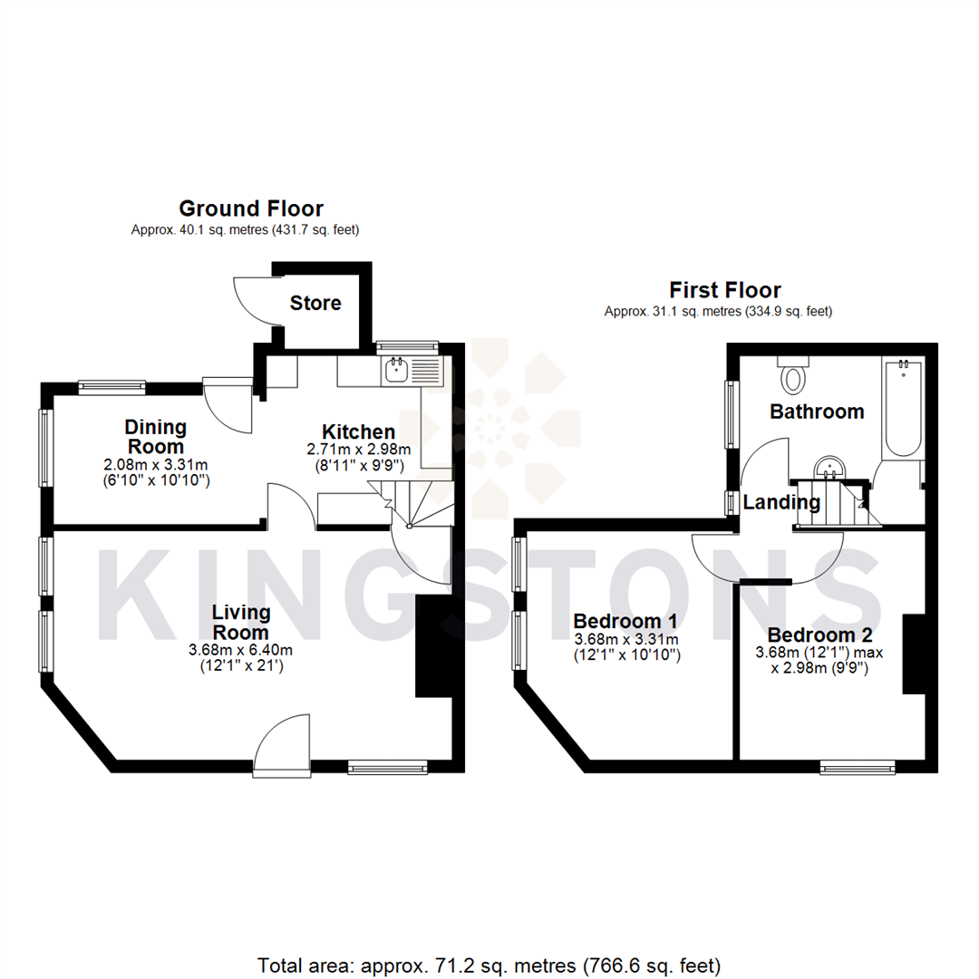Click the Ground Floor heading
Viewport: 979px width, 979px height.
(x=251, y=208)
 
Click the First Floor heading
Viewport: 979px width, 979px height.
(x=725, y=290)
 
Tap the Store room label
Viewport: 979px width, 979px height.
(x=315, y=303)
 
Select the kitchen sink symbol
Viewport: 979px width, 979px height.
(x=397, y=369)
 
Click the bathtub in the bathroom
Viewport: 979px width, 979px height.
(x=902, y=408)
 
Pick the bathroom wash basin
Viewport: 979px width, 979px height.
(x=830, y=469)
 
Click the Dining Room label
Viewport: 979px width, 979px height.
(x=156, y=436)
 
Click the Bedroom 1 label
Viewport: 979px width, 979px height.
(x=626, y=622)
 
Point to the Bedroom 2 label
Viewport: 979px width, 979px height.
(x=818, y=635)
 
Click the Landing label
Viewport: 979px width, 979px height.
(x=782, y=502)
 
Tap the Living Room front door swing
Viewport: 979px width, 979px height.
(x=281, y=743)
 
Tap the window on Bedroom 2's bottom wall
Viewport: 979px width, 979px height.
(x=858, y=768)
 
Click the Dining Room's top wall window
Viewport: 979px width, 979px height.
(x=111, y=387)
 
